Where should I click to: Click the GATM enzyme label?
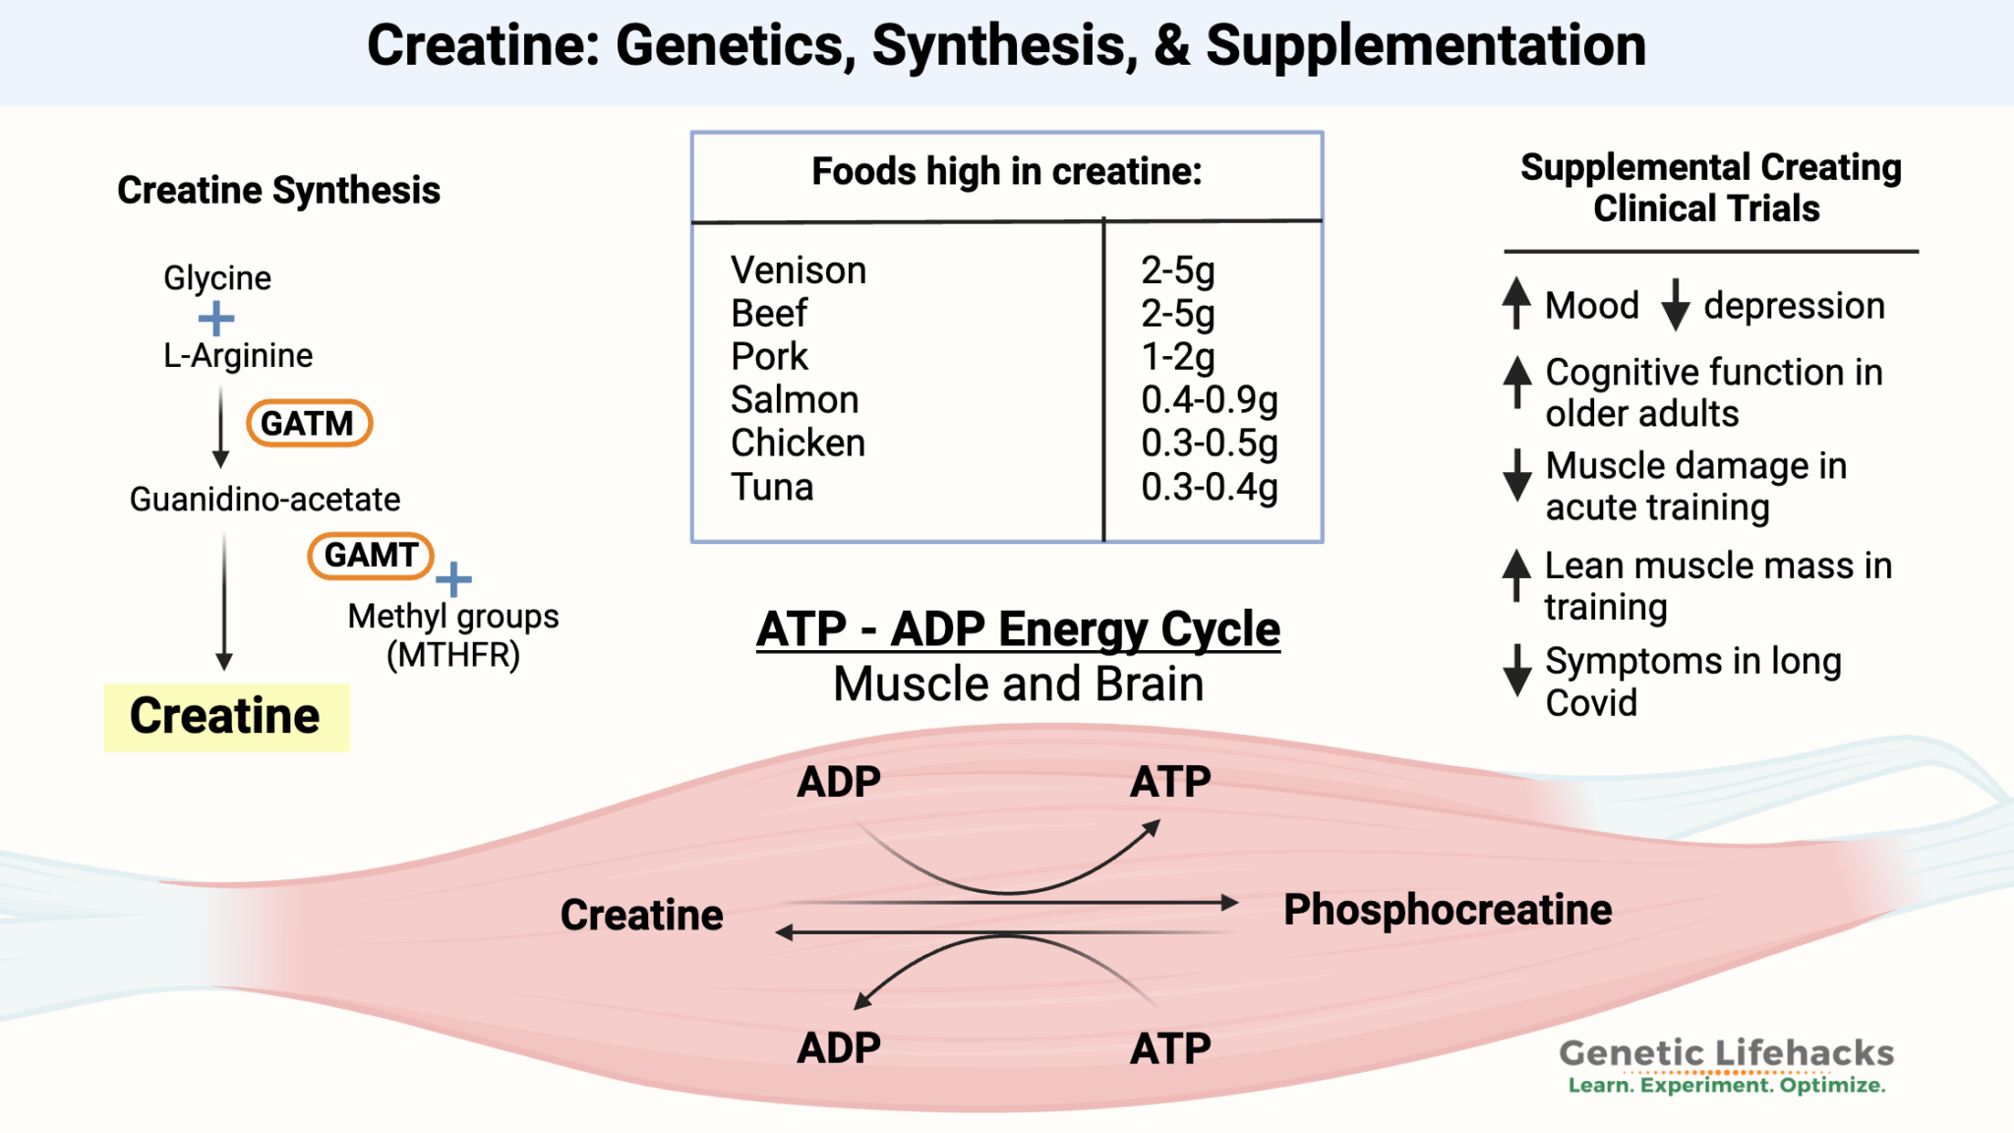pyautogui.click(x=308, y=423)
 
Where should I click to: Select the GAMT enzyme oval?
pyautogui.click(x=371, y=556)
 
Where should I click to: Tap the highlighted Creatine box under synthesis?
pyautogui.click(x=226, y=717)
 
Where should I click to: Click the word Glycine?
pyautogui.click(x=216, y=278)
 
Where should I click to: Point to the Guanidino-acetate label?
pyautogui.click(x=265, y=500)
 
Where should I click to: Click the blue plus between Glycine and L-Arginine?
pyautogui.click(x=216, y=319)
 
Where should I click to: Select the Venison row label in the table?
pyautogui.click(x=798, y=270)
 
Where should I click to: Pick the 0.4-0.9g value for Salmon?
pyautogui.click(x=1209, y=400)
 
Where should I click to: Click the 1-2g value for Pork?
pyautogui.click(x=1177, y=357)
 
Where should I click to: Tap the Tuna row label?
pyautogui.click(x=772, y=488)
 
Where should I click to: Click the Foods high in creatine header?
pyautogui.click(x=1006, y=172)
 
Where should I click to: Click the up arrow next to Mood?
pyautogui.click(x=1516, y=303)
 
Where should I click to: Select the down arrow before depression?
pyautogui.click(x=1676, y=305)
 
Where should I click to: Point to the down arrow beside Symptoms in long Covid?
pyautogui.click(x=1517, y=671)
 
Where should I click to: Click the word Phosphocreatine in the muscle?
pyautogui.click(x=1447, y=910)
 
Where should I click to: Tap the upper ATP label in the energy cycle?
pyautogui.click(x=1169, y=783)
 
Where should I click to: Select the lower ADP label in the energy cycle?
pyautogui.click(x=838, y=1048)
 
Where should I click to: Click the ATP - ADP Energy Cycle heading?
pyautogui.click(x=1018, y=629)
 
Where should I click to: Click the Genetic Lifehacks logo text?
pyautogui.click(x=1726, y=1054)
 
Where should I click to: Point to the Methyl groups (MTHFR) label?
pyautogui.click(x=453, y=635)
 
